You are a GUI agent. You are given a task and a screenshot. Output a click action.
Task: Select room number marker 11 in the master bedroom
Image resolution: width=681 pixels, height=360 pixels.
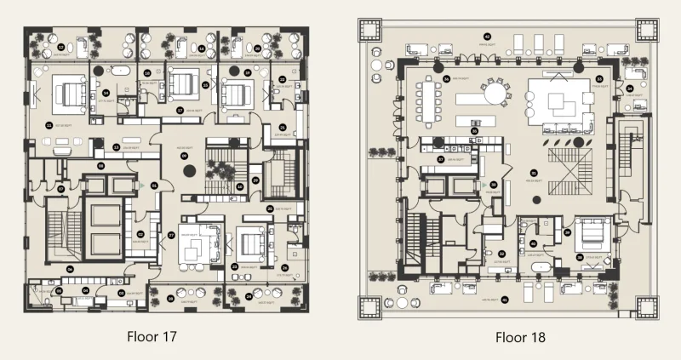click(x=49, y=125)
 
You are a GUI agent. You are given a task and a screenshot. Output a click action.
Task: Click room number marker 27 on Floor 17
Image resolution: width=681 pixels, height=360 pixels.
click(x=170, y=234)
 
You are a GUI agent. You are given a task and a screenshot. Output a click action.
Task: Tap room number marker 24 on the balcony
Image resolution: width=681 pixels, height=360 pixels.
click(x=249, y=297)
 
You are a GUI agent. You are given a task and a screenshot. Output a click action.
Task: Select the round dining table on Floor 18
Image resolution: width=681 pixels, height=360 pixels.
click(x=494, y=91)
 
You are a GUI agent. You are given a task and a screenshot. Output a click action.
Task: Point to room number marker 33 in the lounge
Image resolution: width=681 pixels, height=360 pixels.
click(x=599, y=79)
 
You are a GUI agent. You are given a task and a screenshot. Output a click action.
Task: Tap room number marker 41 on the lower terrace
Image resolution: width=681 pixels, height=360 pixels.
click(x=504, y=299)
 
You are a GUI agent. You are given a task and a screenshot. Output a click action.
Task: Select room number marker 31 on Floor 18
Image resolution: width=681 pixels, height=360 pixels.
click(x=535, y=168)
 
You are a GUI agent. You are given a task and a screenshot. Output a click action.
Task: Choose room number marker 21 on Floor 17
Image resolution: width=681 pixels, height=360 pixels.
click(x=282, y=127)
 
